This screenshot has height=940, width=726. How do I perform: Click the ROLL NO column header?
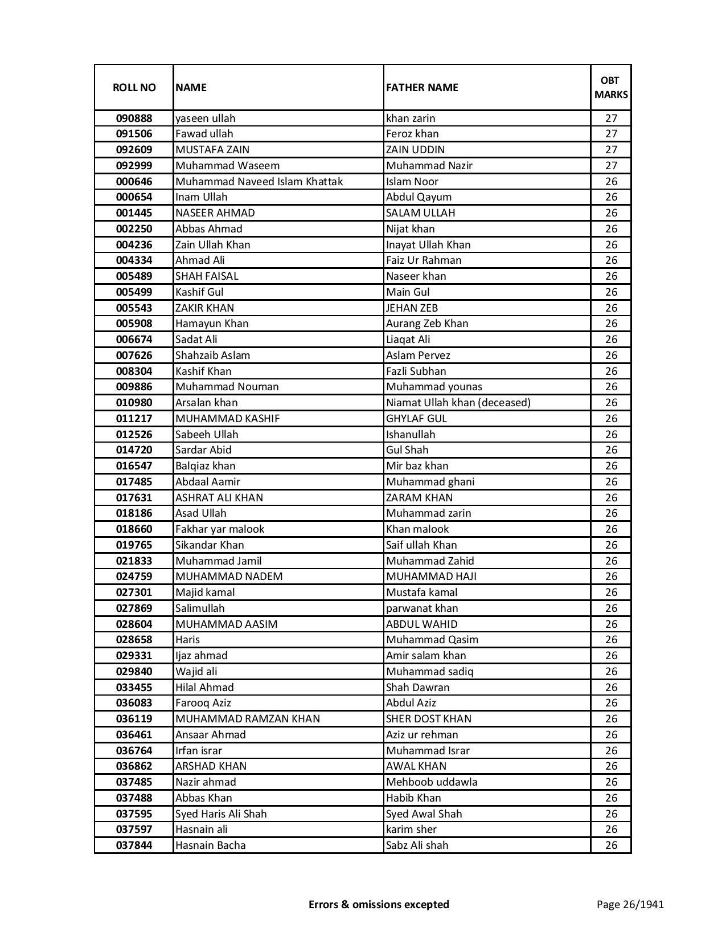click(134, 87)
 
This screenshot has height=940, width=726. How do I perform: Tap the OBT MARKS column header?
click(611, 87)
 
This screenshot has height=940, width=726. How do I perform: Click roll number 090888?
click(134, 118)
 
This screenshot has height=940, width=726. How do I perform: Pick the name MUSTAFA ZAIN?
click(212, 150)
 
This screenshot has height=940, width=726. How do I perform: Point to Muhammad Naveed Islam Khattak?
click(259, 182)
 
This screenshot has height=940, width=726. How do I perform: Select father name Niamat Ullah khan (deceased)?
click(458, 403)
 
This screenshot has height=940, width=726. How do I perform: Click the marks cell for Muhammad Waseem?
click(611, 166)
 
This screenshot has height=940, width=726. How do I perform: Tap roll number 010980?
click(134, 403)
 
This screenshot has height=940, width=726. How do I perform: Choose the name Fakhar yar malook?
click(220, 529)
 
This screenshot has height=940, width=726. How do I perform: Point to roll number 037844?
click(134, 845)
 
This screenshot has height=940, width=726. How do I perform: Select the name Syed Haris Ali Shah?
click(221, 814)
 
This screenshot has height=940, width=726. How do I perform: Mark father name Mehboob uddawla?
click(432, 782)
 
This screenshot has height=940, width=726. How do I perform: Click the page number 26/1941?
click(630, 904)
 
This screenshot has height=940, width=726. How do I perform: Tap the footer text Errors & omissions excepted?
click(379, 904)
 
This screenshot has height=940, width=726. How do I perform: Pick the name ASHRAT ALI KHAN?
click(219, 498)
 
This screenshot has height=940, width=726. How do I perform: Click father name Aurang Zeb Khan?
click(427, 324)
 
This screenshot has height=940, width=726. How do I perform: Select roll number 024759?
click(134, 577)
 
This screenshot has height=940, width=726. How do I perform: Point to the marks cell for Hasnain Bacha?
click(611, 845)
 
